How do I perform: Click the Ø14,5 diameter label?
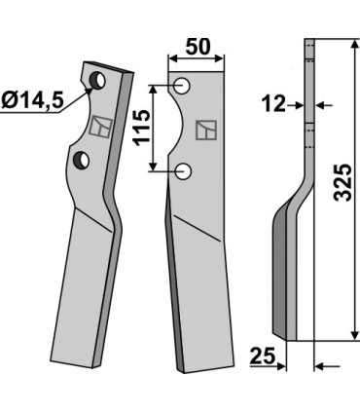[34, 99]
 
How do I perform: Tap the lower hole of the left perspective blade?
[81, 158]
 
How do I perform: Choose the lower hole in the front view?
[184, 171]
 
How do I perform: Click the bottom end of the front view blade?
[196, 368]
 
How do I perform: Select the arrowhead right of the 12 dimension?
[321, 104]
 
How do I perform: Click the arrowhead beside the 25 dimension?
[281, 366]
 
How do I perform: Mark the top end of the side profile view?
[309, 43]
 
